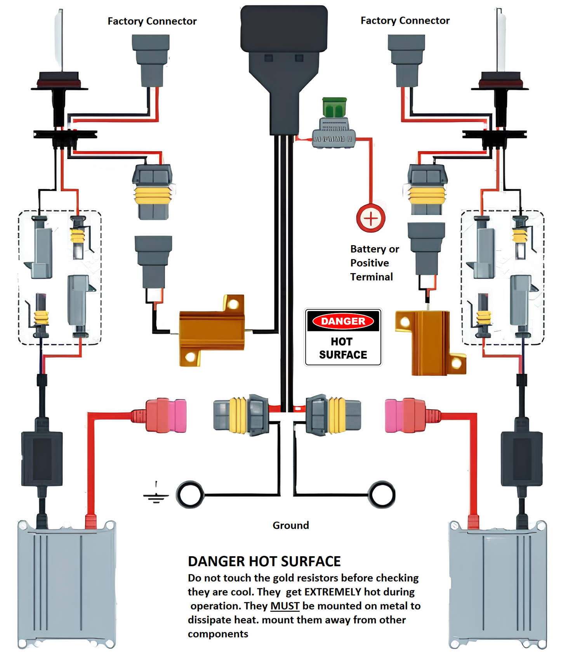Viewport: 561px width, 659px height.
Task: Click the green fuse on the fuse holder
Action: pos(334,107)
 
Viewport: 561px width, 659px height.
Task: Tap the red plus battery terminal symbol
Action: pos(371,218)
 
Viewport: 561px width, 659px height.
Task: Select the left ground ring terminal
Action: pos(190,495)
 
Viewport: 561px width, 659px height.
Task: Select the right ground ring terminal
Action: pos(382,495)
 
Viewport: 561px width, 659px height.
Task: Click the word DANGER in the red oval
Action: pos(343,321)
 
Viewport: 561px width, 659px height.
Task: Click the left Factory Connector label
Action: pos(152,21)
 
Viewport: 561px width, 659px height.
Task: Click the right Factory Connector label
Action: pos(405,20)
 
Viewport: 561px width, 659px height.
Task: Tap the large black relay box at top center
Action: pos(284,29)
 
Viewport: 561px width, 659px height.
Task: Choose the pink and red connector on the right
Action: pos(405,415)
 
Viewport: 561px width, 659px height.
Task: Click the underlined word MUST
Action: pos(285,606)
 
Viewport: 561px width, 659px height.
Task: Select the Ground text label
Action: pos(291,525)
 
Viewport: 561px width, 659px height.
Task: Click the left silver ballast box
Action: pos(67,584)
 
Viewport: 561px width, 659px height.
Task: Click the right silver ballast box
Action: pos(498,584)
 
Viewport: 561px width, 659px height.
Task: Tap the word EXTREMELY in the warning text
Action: pos(333,592)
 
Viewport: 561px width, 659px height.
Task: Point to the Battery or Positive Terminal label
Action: pos(374,263)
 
